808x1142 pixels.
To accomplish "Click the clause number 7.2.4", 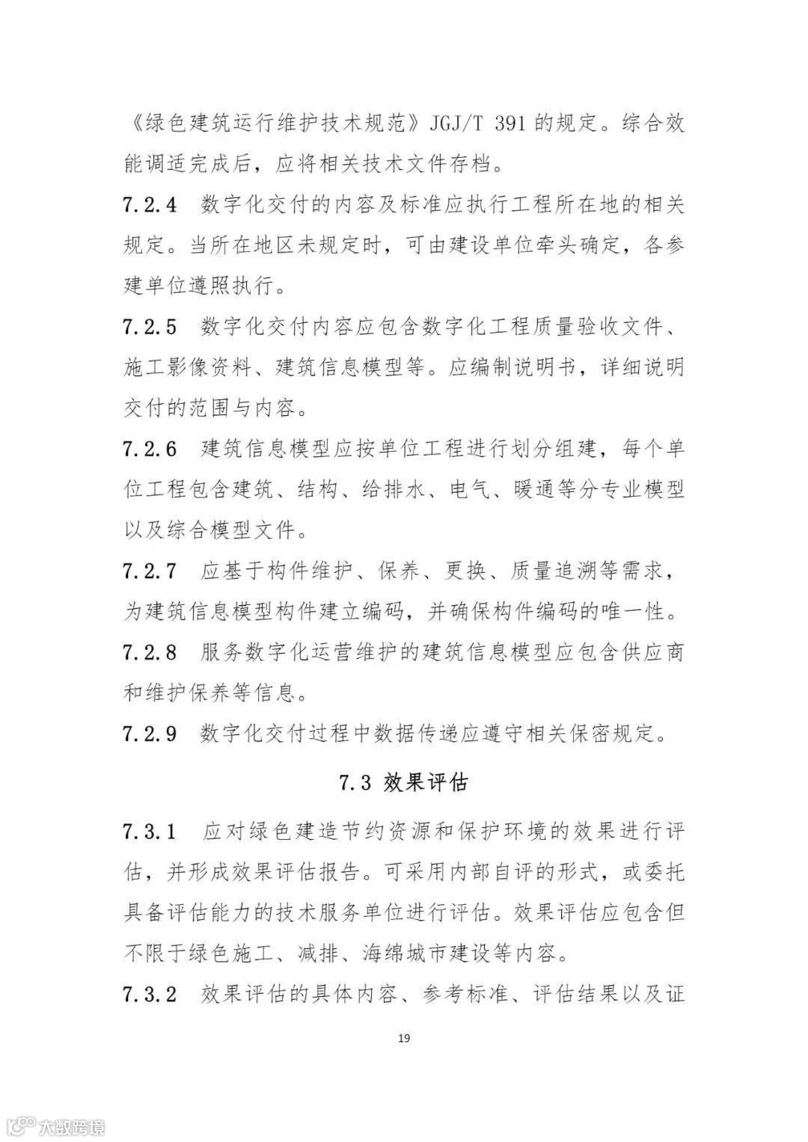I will pos(150,204).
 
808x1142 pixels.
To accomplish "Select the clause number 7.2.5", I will pos(150,327).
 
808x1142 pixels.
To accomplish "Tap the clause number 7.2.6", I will pos(150,449).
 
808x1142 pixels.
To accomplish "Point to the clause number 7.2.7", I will pos(150,571).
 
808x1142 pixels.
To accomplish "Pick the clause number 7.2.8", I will pos(150,653).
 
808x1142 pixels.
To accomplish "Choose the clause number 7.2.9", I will pos(150,734).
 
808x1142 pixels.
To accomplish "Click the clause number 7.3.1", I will pos(150,832).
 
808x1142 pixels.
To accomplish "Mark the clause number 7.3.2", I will pos(150,995).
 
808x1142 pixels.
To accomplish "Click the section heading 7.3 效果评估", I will pos(403,783).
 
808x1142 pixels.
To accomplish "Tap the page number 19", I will pos(404,1039).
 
